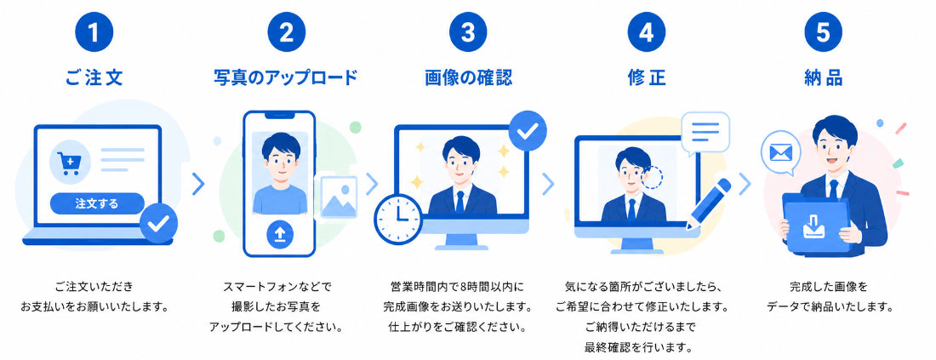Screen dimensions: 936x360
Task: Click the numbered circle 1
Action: coord(94,33)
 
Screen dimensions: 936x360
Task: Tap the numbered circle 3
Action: coord(468,33)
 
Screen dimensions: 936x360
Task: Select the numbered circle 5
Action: coord(823,33)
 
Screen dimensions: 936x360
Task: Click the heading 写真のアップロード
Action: coord(286,77)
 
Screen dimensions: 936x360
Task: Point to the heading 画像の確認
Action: coord(469,77)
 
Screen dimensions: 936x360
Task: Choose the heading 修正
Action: coord(647,77)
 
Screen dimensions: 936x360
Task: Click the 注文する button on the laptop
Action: coord(97,203)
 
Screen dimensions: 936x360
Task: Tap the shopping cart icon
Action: coord(70,161)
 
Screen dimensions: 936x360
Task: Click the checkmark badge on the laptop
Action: coord(159,223)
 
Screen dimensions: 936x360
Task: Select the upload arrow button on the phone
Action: coord(279,235)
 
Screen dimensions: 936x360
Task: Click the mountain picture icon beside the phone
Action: coord(339,197)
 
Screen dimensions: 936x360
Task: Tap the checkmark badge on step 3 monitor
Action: coord(528,130)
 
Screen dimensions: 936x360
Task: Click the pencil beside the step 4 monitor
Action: coord(709,203)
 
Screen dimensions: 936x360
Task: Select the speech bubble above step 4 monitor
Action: coord(705,133)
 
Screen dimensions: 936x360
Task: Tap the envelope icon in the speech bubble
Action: coord(780,153)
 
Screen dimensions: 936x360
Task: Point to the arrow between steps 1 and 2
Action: coord(198,185)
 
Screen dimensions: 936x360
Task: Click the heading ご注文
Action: coord(94,77)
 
